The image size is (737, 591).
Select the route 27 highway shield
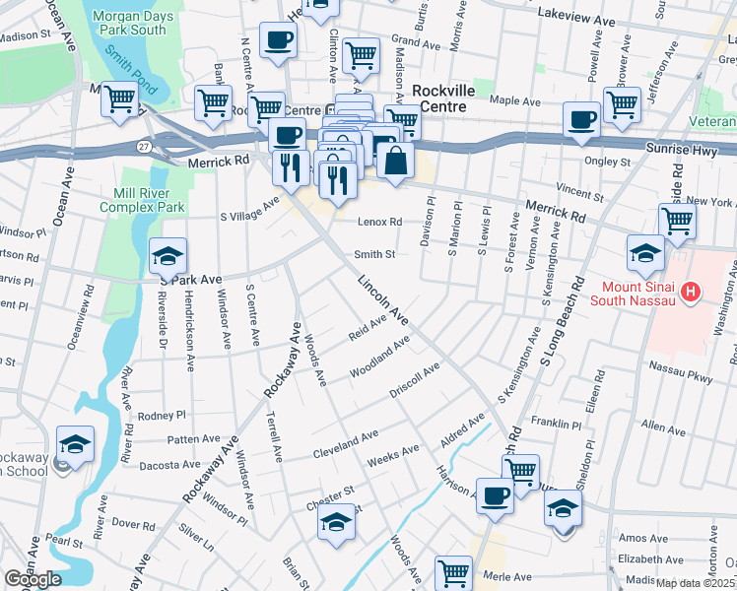(x=145, y=147)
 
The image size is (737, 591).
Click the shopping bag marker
(x=395, y=162)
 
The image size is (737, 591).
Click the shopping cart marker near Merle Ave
(x=454, y=571)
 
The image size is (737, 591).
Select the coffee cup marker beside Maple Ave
(x=581, y=119)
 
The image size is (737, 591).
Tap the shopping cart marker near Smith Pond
(x=119, y=98)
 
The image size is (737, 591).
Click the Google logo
(x=32, y=579)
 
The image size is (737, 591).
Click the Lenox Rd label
(x=380, y=223)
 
